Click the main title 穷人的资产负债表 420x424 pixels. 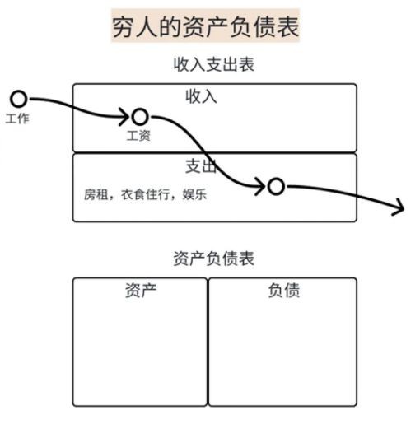click(x=205, y=26)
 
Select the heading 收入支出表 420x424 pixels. click(x=214, y=64)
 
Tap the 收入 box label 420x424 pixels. click(x=201, y=96)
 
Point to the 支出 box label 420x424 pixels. click(x=201, y=166)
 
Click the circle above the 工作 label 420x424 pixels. click(x=19, y=99)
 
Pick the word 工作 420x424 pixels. click(x=17, y=119)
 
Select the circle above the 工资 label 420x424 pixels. click(x=140, y=117)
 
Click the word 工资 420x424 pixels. click(x=138, y=136)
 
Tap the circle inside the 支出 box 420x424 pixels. click(x=276, y=186)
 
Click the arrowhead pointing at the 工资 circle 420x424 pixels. click(x=125, y=117)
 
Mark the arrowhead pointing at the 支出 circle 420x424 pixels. click(x=261, y=186)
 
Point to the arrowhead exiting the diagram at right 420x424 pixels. click(x=399, y=207)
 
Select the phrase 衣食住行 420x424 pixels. click(x=145, y=194)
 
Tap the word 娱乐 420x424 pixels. click(x=194, y=194)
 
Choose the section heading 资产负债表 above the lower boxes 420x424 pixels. click(x=214, y=259)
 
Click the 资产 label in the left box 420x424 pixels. click(x=141, y=291)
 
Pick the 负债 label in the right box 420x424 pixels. click(x=284, y=291)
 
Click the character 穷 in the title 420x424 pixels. click(x=124, y=27)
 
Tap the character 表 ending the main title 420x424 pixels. click(x=287, y=27)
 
